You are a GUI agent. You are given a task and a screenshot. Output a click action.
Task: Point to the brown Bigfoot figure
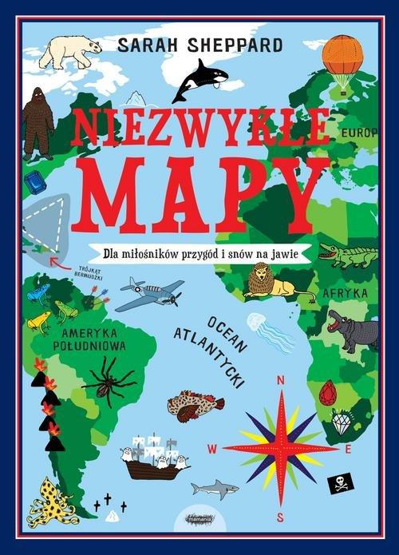click(38, 122)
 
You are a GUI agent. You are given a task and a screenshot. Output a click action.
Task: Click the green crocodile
click(348, 256)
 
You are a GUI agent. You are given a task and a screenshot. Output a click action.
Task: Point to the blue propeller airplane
click(149, 293)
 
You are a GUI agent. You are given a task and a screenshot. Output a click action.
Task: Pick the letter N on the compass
click(280, 381)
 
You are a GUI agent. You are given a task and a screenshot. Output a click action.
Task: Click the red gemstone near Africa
click(327, 393)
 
